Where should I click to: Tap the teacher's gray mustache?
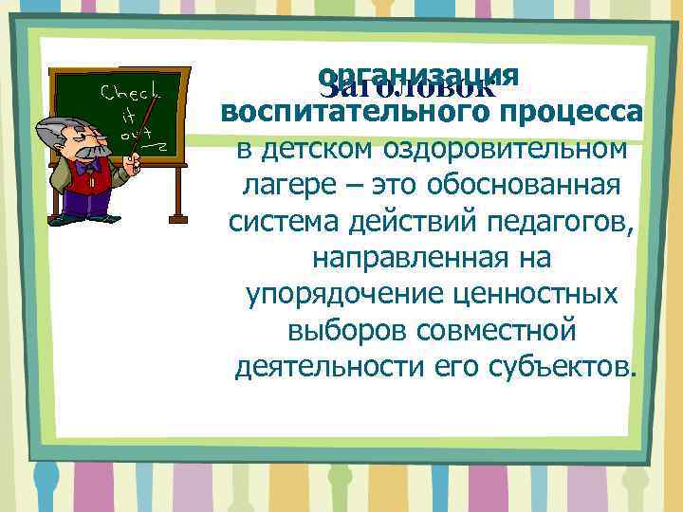coord(87,152)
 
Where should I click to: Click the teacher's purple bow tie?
coord(90,166)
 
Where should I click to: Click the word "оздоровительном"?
coord(505,149)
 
